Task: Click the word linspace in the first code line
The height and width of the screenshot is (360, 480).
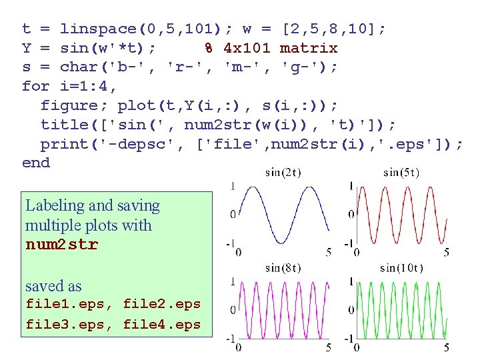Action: (98, 29)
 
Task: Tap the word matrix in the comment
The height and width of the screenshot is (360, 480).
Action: (309, 49)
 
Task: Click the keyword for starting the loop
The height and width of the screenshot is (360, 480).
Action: (35, 87)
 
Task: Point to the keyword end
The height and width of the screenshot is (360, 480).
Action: (35, 163)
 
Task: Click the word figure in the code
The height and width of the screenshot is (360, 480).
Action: (69, 106)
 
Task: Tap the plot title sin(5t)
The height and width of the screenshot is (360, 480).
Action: (401, 173)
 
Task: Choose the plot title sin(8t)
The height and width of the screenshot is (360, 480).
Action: (283, 269)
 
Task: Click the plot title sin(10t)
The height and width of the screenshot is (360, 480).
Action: (401, 269)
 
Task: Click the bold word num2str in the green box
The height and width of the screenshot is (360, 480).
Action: (61, 245)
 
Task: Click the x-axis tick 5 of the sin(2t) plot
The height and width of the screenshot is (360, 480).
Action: (328, 253)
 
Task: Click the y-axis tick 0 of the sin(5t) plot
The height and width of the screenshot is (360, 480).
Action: (350, 214)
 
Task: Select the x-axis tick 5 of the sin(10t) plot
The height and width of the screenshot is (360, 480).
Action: (446, 347)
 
